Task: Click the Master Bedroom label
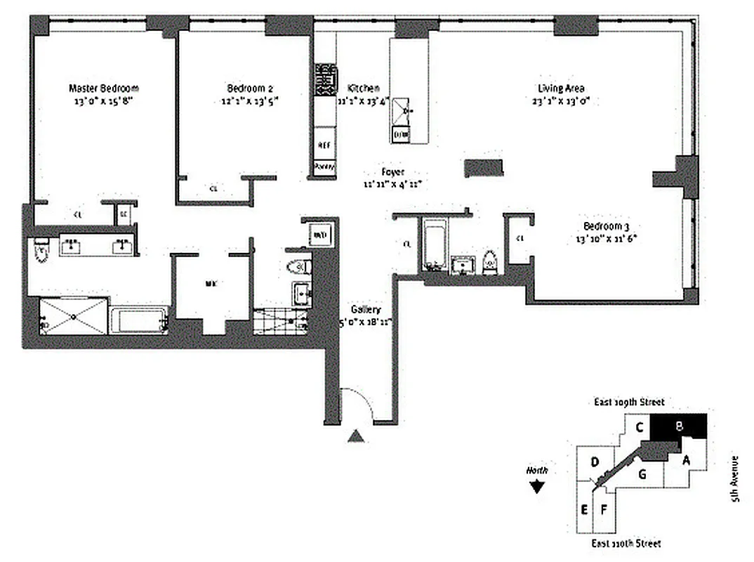103,89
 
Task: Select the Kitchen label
364,89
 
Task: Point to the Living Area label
561,89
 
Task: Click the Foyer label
392,171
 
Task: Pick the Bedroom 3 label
607,226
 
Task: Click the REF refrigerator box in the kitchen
324,145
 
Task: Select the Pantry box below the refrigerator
324,166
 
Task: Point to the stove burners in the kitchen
324,80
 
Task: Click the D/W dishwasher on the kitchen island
400,133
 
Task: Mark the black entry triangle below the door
357,436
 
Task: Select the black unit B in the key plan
678,426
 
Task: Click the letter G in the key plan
642,473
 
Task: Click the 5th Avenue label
735,478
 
